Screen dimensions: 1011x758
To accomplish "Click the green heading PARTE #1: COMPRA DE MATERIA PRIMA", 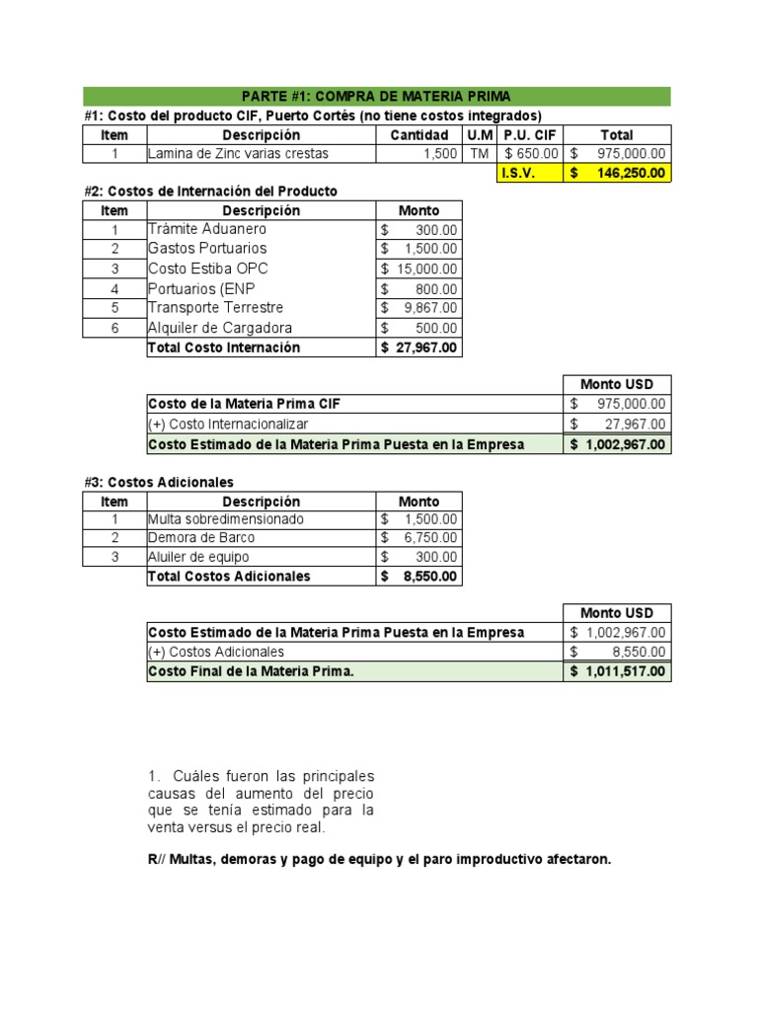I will [376, 96].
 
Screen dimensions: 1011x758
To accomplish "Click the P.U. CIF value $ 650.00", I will [529, 154].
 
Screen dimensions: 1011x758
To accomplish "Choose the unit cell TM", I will [480, 154].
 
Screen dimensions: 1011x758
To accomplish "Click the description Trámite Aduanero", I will [207, 229].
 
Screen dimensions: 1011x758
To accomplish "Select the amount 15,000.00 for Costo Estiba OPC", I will [419, 269].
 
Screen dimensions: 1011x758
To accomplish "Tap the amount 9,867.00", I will [419, 308].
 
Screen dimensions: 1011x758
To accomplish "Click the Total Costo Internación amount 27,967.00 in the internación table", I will [419, 348].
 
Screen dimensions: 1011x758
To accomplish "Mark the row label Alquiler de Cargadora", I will [219, 328].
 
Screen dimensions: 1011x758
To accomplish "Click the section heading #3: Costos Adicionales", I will [159, 482].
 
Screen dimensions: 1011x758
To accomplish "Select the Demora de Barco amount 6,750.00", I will [419, 538].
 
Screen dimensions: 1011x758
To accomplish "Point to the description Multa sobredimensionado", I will [226, 519].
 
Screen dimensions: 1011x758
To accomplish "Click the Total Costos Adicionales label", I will [229, 577].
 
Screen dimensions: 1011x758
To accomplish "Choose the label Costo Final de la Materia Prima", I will [251, 671].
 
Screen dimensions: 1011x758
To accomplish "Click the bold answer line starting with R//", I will [379, 860].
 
